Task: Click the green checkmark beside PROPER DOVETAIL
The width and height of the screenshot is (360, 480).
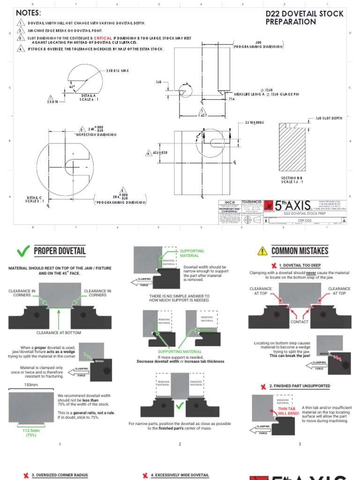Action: pyautogui.click(x=23, y=251)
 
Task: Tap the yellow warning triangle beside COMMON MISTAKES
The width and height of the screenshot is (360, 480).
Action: pyautogui.click(x=262, y=251)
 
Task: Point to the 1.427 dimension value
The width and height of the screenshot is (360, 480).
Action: pyautogui.click(x=202, y=115)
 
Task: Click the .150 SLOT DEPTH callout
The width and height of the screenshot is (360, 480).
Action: pyautogui.click(x=330, y=119)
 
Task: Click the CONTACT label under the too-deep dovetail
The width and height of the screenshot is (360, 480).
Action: pyautogui.click(x=300, y=322)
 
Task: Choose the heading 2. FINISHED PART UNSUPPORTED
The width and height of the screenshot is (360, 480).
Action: pyautogui.click(x=300, y=386)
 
